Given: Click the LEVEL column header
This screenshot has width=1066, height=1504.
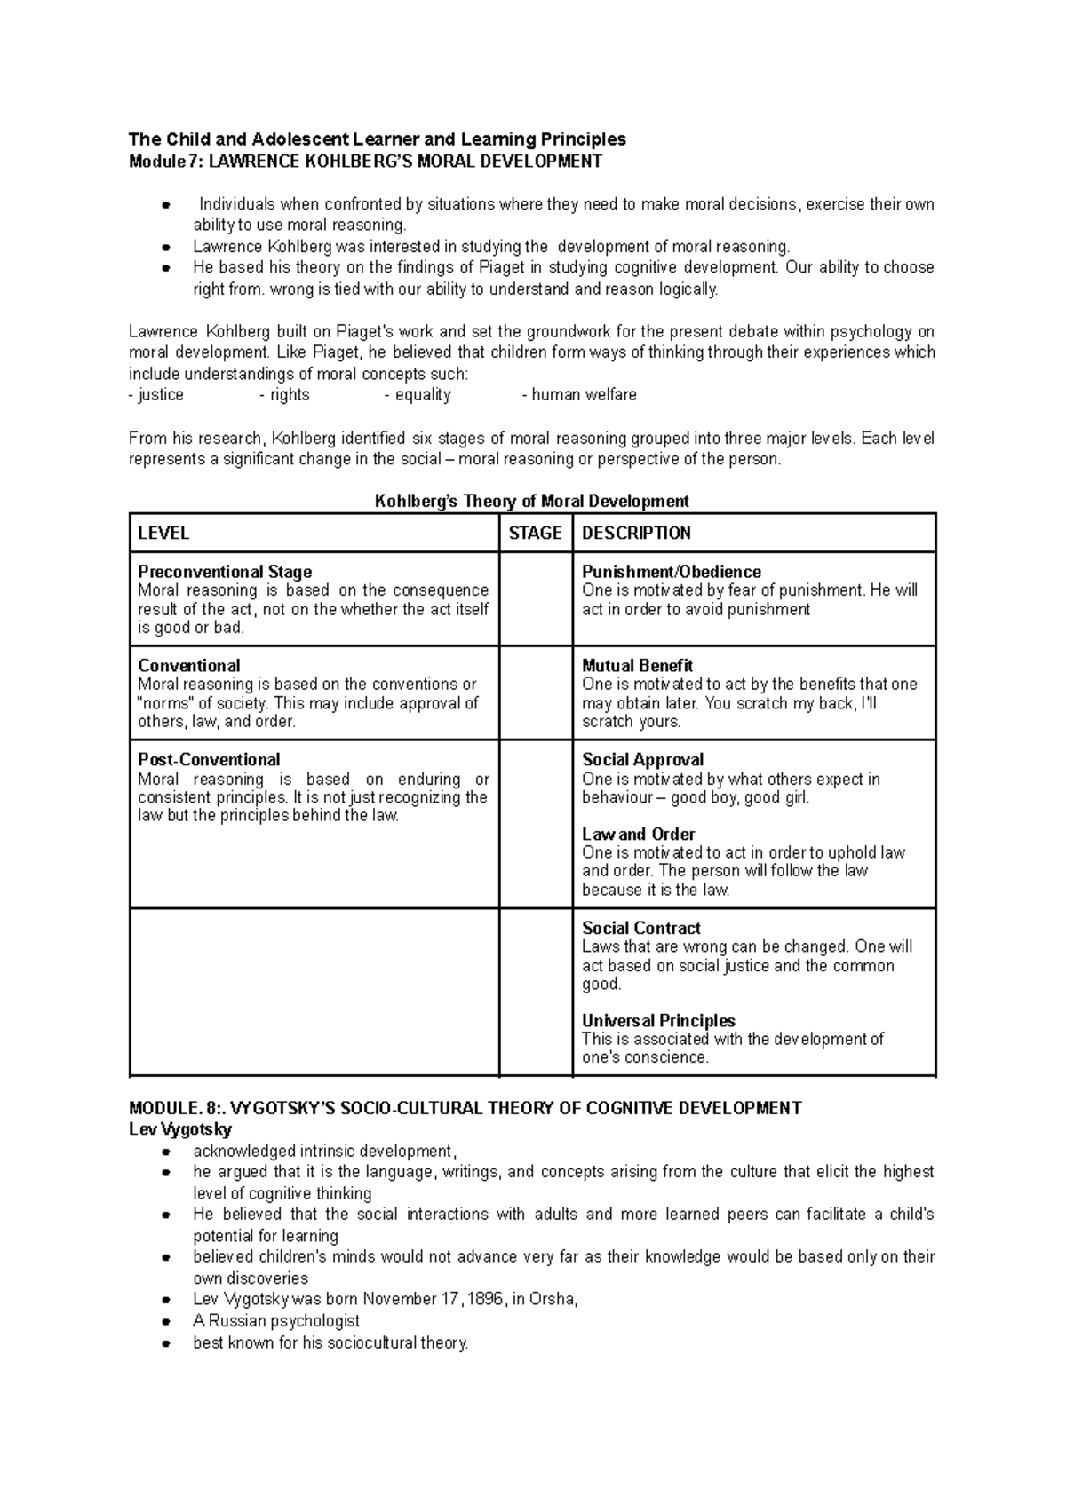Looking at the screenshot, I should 163,533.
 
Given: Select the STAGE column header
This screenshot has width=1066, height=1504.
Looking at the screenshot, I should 535,533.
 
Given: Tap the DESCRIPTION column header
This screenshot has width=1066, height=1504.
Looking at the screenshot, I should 636,533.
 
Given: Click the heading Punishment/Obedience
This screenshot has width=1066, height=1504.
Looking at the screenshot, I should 671,572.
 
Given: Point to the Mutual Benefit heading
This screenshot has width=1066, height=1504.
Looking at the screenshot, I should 637,665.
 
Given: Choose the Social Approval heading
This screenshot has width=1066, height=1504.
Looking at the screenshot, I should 642,759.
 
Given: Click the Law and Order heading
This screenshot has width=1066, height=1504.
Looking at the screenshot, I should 638,834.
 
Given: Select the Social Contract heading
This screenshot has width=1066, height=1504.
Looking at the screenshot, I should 641,928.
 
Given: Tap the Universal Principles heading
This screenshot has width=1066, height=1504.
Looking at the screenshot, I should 658,1021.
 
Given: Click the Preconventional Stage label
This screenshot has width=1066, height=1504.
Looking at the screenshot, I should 225,572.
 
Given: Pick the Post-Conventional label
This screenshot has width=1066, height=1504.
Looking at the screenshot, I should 209,759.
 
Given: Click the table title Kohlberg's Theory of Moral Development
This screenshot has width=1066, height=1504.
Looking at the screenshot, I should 531,501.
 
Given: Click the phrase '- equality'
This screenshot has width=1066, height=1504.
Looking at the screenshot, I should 418,394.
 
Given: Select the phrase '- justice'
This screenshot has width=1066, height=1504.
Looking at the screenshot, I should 156,394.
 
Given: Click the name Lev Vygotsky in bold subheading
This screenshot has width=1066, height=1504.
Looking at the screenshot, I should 180,1129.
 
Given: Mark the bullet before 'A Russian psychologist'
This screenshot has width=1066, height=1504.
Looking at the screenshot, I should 165,1322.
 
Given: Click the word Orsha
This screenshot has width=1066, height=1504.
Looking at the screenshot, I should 553,1300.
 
